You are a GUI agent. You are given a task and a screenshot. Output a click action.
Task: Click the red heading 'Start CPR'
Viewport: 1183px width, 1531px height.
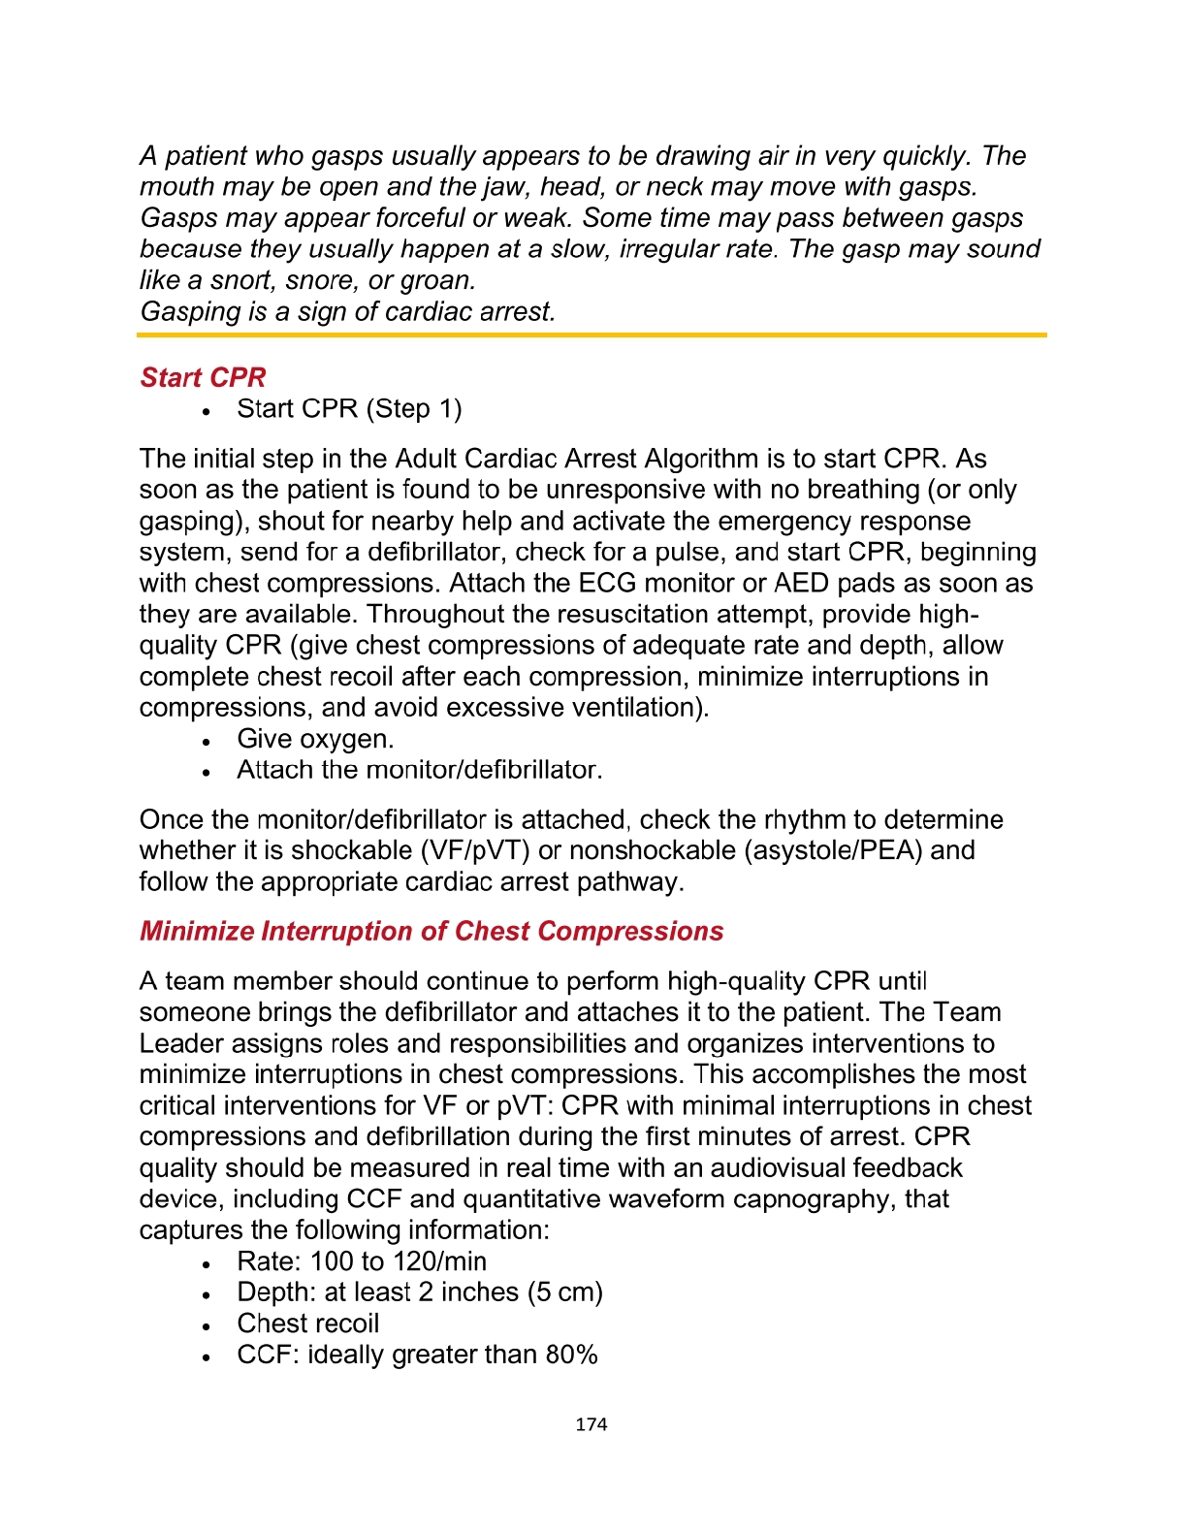click(203, 377)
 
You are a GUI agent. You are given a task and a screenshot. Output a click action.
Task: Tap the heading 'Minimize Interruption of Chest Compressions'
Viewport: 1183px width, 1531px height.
click(432, 931)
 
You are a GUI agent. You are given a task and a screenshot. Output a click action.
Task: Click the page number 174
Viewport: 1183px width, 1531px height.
click(591, 1424)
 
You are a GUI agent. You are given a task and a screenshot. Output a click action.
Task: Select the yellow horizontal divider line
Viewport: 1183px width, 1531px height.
click(591, 335)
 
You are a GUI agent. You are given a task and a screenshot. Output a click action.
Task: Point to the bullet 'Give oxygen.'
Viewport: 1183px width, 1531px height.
click(315, 739)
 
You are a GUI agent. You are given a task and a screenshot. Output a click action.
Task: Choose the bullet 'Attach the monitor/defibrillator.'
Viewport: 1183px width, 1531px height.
click(419, 770)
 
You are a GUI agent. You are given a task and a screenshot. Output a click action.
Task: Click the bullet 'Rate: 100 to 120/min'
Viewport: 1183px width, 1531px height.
click(362, 1261)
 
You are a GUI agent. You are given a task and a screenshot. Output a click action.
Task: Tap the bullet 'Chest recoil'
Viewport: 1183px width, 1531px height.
click(307, 1324)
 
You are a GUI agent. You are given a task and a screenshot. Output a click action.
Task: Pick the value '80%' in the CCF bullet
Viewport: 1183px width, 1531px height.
click(571, 1355)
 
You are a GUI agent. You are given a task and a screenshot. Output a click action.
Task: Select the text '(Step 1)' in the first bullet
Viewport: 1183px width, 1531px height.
click(414, 409)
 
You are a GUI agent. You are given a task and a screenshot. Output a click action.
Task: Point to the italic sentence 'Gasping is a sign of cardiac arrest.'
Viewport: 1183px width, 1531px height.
click(348, 311)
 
